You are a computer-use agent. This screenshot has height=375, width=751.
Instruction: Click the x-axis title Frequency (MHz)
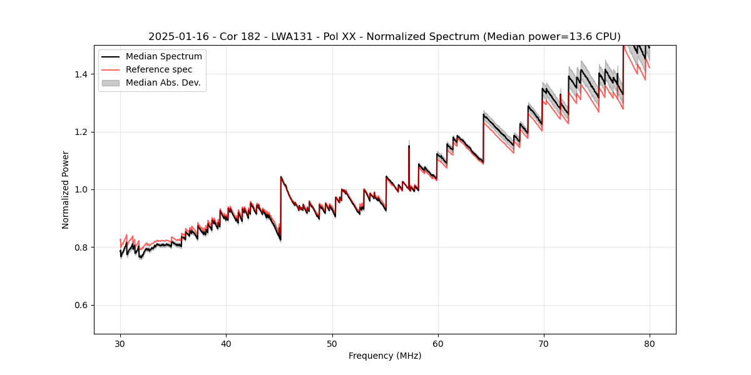(x=385, y=356)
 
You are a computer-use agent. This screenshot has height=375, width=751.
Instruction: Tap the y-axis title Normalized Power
(x=66, y=189)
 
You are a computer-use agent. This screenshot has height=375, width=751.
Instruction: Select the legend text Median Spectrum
(x=164, y=57)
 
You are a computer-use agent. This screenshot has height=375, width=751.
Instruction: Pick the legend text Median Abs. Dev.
(x=163, y=82)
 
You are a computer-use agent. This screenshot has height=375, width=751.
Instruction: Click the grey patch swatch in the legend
(x=112, y=82)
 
